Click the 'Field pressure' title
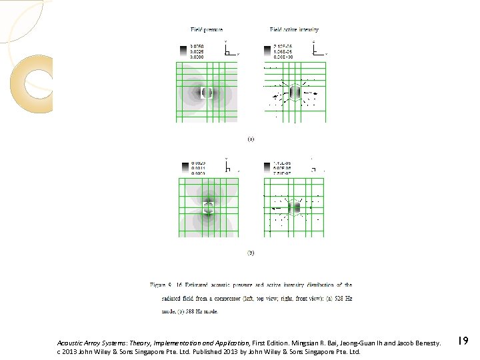(207, 30)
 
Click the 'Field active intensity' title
(294, 30)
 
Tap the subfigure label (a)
(251, 139)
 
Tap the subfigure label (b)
(251, 253)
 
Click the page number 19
(463, 341)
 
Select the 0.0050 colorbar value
(197, 46)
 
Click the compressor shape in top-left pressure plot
(207, 93)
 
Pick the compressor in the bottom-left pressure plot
(209, 207)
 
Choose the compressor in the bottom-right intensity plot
(295, 208)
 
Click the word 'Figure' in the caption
(158, 285)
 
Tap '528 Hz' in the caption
(341, 298)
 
